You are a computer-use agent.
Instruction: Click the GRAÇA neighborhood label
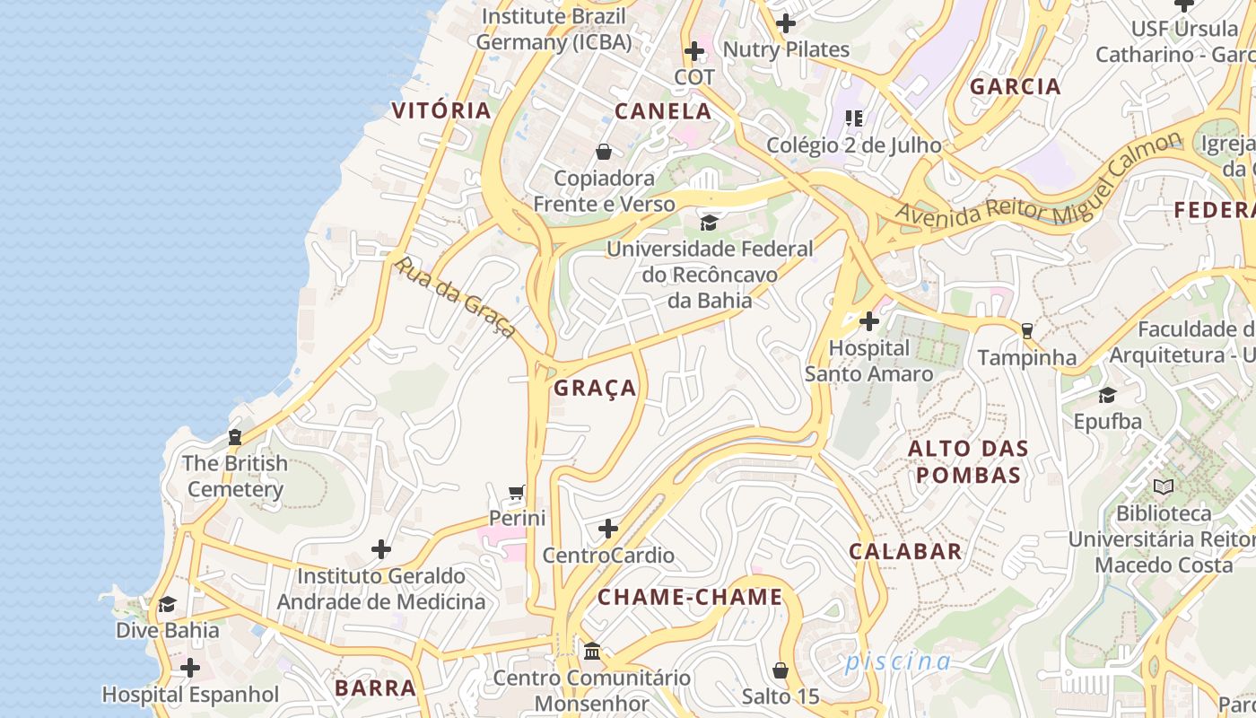(x=595, y=388)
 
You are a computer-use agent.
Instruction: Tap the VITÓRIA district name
(x=441, y=110)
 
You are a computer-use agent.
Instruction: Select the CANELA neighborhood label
(x=663, y=111)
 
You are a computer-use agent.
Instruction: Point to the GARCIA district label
(x=1016, y=87)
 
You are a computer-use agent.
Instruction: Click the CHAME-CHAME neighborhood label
(x=690, y=597)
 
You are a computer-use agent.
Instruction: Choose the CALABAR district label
(x=905, y=551)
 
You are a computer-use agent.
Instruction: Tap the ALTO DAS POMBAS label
(x=968, y=461)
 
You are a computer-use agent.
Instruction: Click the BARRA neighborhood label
(x=375, y=688)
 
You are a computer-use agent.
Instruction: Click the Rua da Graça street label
(x=457, y=298)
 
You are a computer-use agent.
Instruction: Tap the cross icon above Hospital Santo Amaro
(x=868, y=320)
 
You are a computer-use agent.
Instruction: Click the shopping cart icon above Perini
(x=516, y=492)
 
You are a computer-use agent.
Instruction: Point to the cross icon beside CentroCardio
(x=608, y=529)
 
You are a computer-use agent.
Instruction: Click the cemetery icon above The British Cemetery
(x=235, y=437)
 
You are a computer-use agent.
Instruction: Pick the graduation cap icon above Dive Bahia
(x=167, y=604)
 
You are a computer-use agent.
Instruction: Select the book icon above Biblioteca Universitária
(x=1163, y=487)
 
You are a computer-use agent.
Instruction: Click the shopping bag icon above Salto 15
(x=781, y=670)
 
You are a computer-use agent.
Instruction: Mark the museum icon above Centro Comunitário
(x=591, y=651)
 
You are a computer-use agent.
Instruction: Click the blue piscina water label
(x=897, y=661)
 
